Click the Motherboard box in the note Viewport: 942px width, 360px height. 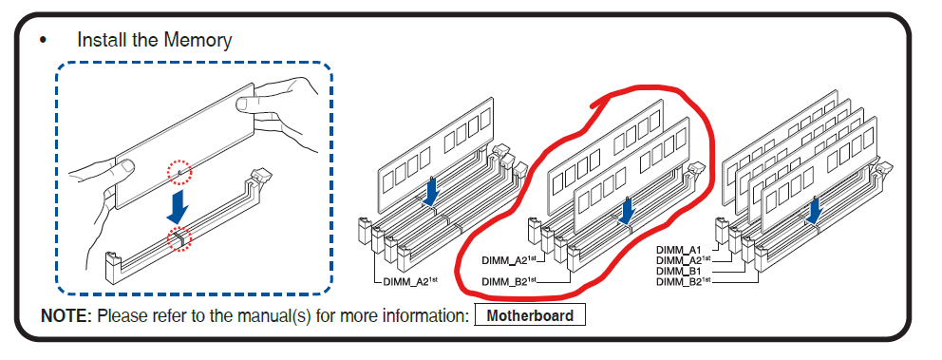pos(530,315)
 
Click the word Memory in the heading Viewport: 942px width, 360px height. pos(198,40)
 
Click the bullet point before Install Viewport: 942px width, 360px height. pos(43,40)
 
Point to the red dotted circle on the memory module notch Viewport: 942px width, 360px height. pos(180,173)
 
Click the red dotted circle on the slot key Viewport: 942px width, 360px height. pos(179,238)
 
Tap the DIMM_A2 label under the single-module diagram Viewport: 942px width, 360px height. pos(406,280)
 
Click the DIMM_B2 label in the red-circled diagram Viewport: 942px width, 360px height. pos(509,280)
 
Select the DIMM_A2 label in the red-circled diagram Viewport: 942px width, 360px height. pos(509,260)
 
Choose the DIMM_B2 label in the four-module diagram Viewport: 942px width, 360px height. pos(684,280)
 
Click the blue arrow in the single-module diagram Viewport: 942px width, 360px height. pos(431,191)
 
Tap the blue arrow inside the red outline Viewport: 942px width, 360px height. pos(627,212)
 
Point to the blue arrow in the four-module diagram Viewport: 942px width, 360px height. pos(814,210)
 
